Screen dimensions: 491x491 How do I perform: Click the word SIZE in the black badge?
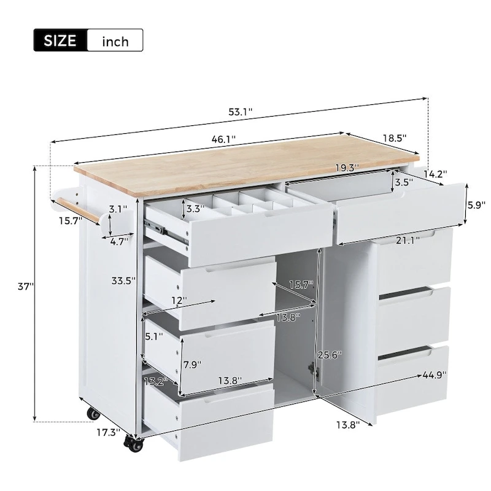point(60,41)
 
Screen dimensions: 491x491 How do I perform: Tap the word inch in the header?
point(115,41)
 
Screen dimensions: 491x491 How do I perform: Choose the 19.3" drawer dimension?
point(347,166)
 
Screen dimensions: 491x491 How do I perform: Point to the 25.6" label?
point(330,355)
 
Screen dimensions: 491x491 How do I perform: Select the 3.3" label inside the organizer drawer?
point(195,209)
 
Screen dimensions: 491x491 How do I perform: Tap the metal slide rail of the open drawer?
point(169,231)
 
